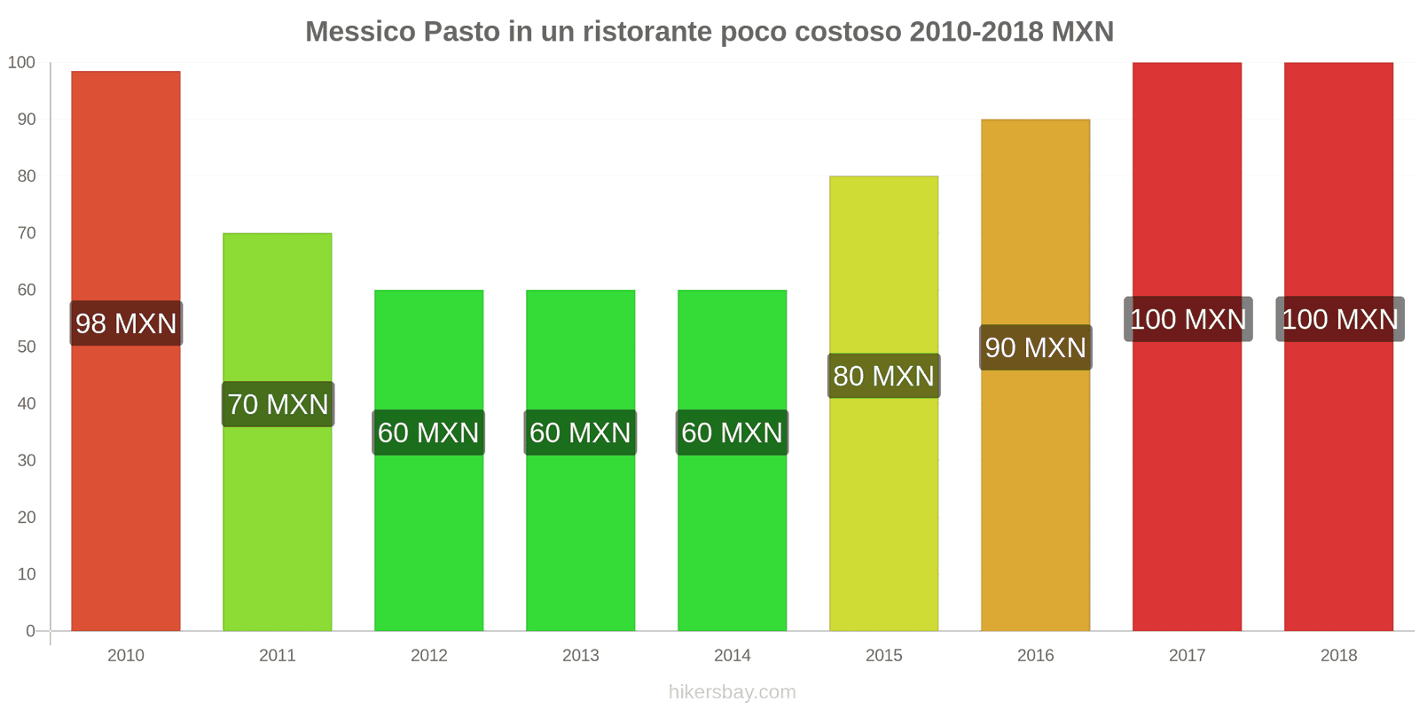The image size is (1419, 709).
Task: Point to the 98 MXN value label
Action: coord(126,323)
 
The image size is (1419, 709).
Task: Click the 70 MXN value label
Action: coord(278,404)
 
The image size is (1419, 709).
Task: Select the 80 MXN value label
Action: coord(883,376)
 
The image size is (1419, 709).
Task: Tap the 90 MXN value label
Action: coord(1035,347)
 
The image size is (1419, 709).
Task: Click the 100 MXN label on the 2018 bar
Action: coord(1339,319)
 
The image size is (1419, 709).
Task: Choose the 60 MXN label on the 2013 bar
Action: coord(580,432)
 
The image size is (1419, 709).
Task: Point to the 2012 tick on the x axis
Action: coord(428,655)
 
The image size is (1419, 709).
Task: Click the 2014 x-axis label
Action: coord(732,655)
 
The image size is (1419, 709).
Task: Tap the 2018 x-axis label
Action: coord(1338,655)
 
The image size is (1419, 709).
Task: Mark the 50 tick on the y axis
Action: coord(27,347)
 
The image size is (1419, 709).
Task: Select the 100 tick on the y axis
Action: coord(21,62)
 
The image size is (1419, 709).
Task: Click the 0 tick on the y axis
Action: coord(31,631)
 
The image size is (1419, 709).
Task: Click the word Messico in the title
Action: coord(360,32)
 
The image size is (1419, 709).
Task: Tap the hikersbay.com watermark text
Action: coord(732,692)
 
